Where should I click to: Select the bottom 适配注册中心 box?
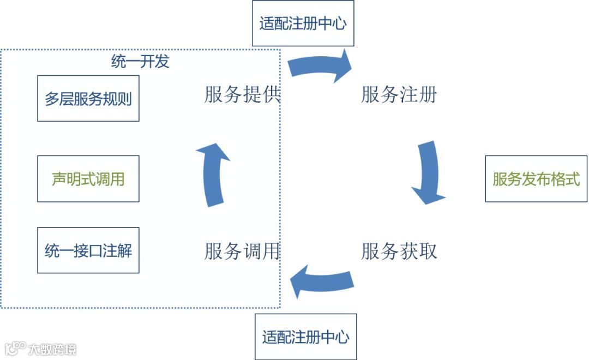tap(305, 337)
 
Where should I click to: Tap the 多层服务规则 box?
tap(88, 99)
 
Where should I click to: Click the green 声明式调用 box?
tap(88, 178)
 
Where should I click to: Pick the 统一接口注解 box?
tap(88, 250)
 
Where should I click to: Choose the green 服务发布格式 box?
tap(536, 179)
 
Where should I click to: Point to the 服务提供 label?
tap(242, 95)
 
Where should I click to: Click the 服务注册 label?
tap(399, 95)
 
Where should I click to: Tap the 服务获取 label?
tap(399, 251)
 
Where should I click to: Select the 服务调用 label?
tap(242, 251)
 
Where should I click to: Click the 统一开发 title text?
tap(140, 61)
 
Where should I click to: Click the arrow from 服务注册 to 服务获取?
tap(428, 172)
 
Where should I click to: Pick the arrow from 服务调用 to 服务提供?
tap(214, 175)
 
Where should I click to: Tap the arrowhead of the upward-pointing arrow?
tap(214, 152)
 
